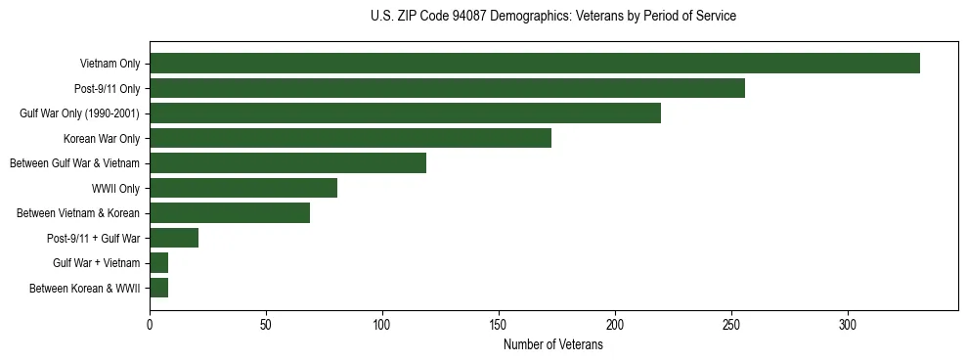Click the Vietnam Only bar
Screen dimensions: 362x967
tap(534, 64)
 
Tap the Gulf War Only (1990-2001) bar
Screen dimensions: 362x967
tap(405, 113)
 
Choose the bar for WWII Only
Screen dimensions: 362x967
tap(243, 188)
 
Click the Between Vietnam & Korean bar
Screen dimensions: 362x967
tap(230, 213)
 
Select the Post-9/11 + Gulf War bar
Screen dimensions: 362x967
tap(174, 238)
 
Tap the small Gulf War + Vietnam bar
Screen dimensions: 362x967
tap(158, 263)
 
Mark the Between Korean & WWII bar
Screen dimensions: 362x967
tap(158, 288)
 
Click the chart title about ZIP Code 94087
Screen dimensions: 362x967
tap(553, 17)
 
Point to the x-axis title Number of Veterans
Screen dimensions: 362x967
tap(553, 345)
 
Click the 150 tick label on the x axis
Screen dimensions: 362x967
tap(499, 326)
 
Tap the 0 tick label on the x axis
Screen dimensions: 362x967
tap(150, 326)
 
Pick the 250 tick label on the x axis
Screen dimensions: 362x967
tap(731, 326)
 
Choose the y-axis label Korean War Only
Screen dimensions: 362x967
tap(102, 139)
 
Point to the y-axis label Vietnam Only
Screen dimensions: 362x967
tap(110, 65)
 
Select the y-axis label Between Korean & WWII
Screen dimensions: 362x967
tap(85, 289)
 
